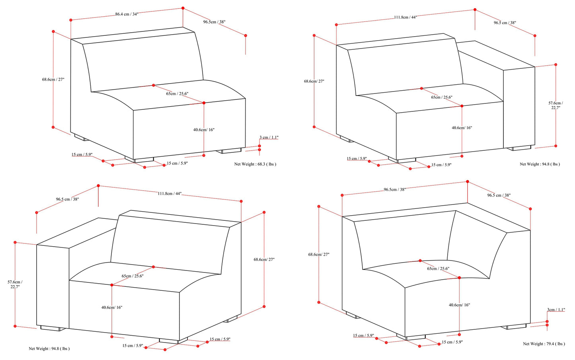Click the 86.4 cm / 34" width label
(x=127, y=14)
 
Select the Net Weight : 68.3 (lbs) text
(x=255, y=164)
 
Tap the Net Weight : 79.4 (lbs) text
(x=544, y=344)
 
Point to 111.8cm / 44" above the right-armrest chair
(x=405, y=18)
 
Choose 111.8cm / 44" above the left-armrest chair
(x=170, y=194)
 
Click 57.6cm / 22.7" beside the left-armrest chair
(x=15, y=284)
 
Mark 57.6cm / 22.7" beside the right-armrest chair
(x=556, y=105)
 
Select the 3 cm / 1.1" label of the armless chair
(x=269, y=138)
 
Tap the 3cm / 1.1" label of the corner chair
(x=556, y=310)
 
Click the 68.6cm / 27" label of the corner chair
(x=319, y=255)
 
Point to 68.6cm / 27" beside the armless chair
(x=53, y=80)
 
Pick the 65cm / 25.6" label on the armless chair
(x=177, y=94)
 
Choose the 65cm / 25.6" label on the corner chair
(x=438, y=269)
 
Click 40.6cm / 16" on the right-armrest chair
(x=462, y=128)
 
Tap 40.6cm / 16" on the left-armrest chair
(x=112, y=307)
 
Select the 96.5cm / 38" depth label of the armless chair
(x=214, y=22)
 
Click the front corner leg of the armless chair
(x=139, y=160)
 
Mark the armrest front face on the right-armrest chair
(x=519, y=107)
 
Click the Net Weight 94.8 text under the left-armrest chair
(x=49, y=349)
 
